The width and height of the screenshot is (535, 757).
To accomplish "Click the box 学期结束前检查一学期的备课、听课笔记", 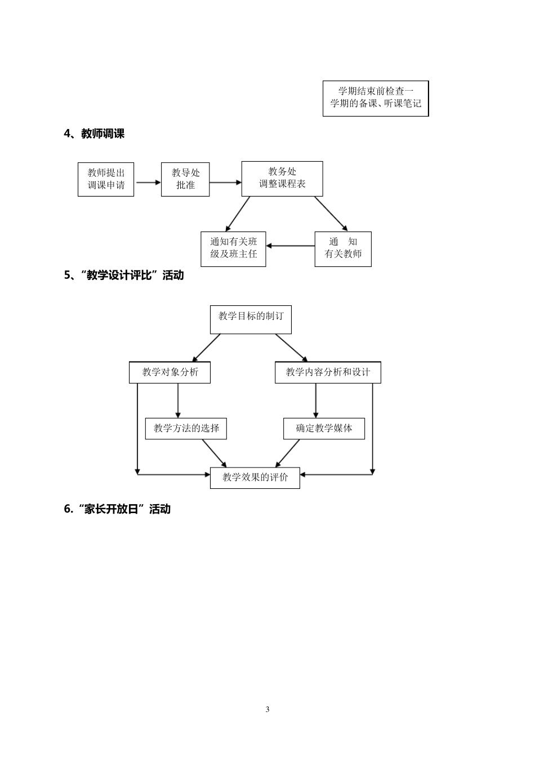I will tap(376, 99).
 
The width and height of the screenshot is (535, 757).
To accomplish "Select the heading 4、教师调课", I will tap(94, 134).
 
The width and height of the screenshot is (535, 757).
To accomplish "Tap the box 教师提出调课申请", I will tap(106, 179).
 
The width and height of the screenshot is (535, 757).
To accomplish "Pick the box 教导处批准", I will tap(185, 179).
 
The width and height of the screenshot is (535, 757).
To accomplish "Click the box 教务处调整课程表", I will tap(282, 179).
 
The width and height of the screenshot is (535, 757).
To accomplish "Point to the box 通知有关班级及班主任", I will tap(233, 248).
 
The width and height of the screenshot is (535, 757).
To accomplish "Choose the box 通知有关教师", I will tap(343, 248).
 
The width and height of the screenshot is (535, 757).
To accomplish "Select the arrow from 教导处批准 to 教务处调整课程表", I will tap(225, 182).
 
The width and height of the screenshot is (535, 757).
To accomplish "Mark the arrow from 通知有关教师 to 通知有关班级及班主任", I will tap(290, 246).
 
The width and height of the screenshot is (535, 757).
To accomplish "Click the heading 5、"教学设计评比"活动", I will tap(124, 275).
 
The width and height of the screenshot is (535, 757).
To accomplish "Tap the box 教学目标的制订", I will tap(251, 318).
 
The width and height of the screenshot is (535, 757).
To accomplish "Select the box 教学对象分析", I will tap(170, 372).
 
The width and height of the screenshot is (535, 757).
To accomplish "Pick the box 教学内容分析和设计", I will tap(328, 372).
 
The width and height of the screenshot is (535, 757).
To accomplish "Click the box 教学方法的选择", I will tap(186, 429).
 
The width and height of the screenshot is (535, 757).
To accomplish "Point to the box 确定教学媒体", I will tap(324, 429).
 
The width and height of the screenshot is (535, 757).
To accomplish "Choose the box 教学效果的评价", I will tap(255, 478).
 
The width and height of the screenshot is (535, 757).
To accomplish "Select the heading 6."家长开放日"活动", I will tap(117, 509).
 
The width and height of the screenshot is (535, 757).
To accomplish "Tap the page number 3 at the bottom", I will tap(267, 709).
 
